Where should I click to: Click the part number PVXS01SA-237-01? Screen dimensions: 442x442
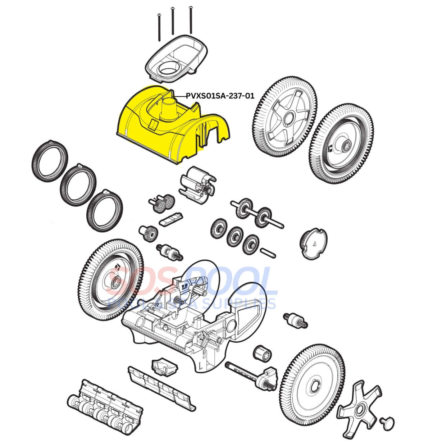tap(220, 96)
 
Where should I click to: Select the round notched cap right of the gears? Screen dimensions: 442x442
tap(313, 243)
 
